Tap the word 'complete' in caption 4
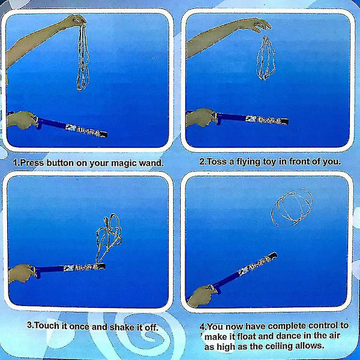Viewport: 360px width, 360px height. (x=287, y=326)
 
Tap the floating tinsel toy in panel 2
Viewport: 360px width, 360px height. (x=266, y=59)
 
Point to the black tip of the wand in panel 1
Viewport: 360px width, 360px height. (x=104, y=134)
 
